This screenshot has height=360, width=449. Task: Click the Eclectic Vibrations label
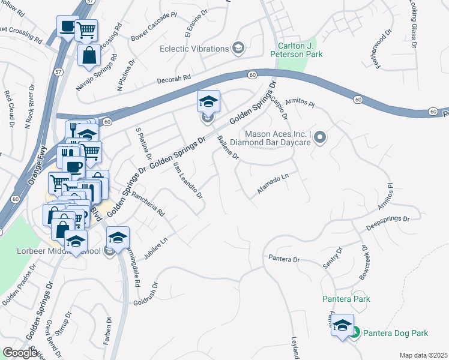click(x=195, y=49)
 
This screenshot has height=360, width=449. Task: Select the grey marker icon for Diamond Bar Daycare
click(x=320, y=139)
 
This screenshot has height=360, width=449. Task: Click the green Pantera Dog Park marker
click(x=355, y=332)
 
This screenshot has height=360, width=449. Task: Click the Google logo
click(x=19, y=353)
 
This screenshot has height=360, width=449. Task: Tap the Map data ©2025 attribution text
click(x=423, y=355)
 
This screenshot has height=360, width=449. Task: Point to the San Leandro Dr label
click(x=187, y=180)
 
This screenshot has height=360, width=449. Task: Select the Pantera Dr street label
click(x=283, y=259)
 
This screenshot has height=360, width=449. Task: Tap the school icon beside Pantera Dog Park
click(x=343, y=325)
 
